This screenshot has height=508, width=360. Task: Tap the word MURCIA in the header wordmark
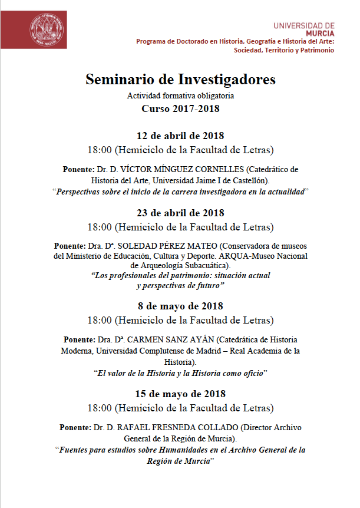click(x=321, y=33)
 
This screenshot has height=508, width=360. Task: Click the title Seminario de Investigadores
click(x=180, y=79)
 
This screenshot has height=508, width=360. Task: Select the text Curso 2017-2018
click(x=180, y=108)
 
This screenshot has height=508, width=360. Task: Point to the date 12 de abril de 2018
click(x=180, y=136)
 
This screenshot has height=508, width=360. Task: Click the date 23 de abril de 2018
click(x=180, y=213)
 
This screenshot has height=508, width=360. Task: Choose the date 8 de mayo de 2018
click(x=180, y=306)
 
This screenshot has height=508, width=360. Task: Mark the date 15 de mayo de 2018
click(x=180, y=393)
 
